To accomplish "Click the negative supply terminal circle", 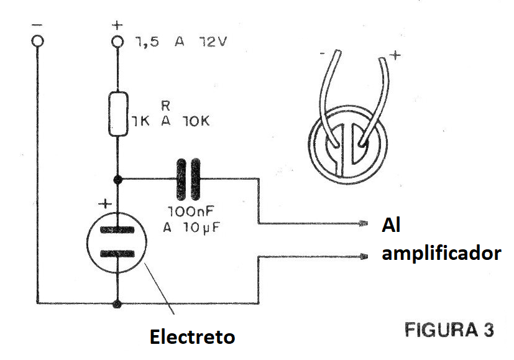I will [38, 42].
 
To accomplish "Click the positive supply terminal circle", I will [117, 42].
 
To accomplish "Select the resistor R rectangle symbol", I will [117, 114].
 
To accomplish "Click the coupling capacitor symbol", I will [189, 179].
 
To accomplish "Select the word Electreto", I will [192, 338].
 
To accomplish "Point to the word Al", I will [392, 226].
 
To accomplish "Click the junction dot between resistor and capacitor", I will [117, 179].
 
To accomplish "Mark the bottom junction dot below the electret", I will [117, 304].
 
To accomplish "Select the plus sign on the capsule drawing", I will [395, 57].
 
